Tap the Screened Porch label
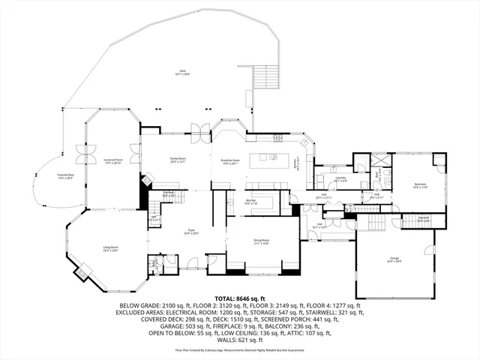click(112, 160)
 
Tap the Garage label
click(394, 259)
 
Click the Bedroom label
click(420, 185)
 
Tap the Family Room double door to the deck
click(197, 128)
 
